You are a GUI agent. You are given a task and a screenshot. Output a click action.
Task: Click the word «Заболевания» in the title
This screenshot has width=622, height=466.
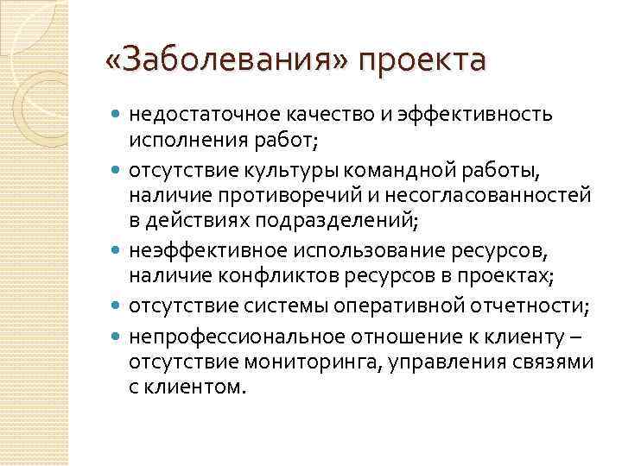click(x=226, y=61)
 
